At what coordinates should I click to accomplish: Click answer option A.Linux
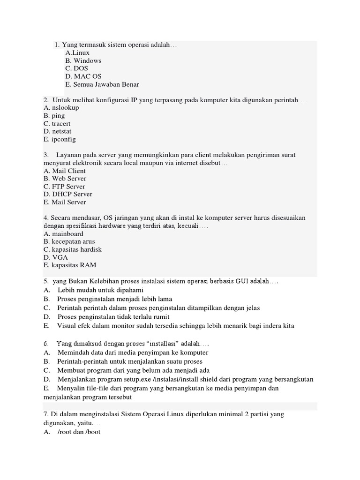coord(77,53)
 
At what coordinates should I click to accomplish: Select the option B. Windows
coord(83,61)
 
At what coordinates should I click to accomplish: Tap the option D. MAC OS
coord(83,76)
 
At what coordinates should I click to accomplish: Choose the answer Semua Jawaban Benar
coord(102,84)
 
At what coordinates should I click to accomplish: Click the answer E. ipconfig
coord(60,139)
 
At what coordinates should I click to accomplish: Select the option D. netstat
coord(58,131)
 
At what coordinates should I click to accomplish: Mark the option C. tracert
coord(57,124)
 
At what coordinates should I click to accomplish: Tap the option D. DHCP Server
coord(67,194)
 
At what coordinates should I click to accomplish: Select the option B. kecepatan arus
coord(69,241)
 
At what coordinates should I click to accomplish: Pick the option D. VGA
coord(55,257)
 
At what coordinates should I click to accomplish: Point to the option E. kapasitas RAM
coord(69,265)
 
